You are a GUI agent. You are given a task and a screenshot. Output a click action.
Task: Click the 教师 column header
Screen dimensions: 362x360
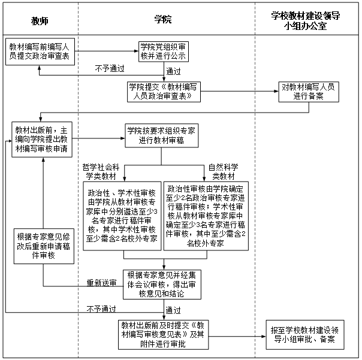tap(40, 21)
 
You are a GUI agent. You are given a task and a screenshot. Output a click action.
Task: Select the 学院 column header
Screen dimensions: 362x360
tap(163, 19)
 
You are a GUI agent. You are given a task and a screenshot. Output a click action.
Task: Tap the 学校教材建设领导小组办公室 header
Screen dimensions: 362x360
tap(306, 21)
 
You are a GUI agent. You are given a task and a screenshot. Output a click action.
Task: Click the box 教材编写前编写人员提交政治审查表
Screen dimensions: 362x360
tap(40, 52)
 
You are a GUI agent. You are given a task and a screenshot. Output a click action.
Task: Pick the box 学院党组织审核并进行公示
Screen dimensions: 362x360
tap(164, 52)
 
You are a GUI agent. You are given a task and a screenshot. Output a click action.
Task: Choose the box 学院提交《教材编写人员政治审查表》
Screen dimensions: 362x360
tap(164, 92)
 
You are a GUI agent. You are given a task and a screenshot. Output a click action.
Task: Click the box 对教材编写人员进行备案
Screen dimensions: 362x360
tap(309, 92)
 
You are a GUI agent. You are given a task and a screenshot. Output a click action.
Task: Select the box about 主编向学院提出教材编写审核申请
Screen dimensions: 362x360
tap(42, 140)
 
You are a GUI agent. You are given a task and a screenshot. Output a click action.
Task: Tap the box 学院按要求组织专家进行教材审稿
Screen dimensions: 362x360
tap(162, 136)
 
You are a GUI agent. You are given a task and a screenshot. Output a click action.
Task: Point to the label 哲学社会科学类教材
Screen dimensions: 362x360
tap(101, 172)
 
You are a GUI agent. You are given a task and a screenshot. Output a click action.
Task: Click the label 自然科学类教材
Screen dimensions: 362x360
tap(223, 172)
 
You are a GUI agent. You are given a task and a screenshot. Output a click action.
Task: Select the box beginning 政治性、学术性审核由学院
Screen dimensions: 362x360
tap(122, 216)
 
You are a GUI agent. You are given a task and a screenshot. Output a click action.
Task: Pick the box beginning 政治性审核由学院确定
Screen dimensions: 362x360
tap(206, 216)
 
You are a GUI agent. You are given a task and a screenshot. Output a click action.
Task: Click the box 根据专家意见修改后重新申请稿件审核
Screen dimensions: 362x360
tap(44, 246)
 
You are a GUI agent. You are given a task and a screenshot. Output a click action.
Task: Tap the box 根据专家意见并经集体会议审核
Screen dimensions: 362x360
tap(162, 285)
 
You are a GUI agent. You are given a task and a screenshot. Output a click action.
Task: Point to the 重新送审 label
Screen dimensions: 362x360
tap(101, 283)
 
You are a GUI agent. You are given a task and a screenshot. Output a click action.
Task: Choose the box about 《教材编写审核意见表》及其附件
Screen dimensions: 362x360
tap(163, 335)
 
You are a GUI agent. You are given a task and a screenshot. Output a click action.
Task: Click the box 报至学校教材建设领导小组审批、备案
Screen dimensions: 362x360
tap(305, 335)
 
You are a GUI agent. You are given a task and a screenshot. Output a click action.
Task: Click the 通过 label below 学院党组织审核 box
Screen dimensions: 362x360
tap(173, 71)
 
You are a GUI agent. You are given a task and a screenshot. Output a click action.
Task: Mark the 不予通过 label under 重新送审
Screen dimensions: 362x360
tap(101, 308)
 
